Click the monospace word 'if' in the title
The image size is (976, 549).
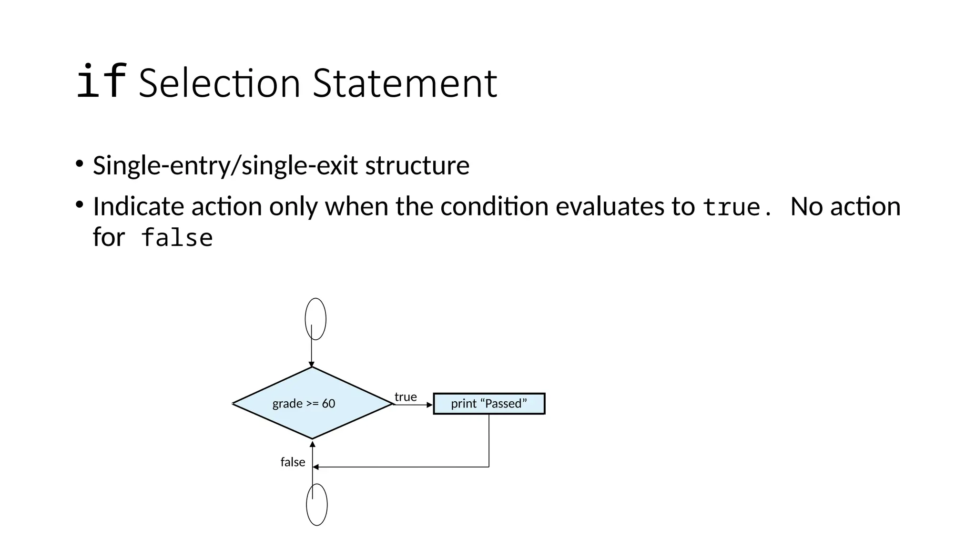101,82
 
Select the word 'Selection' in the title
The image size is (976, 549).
219,84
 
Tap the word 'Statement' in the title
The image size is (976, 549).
405,84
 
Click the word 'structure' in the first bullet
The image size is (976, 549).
417,166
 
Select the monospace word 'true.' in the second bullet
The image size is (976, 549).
737,207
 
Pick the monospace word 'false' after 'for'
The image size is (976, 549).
177,238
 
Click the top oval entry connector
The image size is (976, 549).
315,319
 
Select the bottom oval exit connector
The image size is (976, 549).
317,505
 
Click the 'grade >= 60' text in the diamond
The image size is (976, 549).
304,404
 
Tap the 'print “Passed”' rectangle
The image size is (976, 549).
489,404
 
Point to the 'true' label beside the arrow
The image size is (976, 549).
406,396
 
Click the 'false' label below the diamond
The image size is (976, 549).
293,462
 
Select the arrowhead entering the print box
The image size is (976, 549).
429,405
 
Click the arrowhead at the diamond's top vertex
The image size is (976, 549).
312,365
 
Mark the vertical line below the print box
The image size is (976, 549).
489,441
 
